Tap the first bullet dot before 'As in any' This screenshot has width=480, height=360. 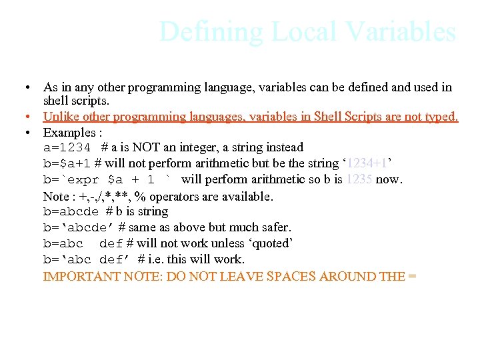point(24,88)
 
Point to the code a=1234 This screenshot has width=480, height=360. point(67,147)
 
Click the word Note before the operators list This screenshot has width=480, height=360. point(56,196)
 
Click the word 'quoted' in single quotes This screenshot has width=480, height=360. point(270,243)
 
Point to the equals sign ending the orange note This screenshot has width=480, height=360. point(411,275)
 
